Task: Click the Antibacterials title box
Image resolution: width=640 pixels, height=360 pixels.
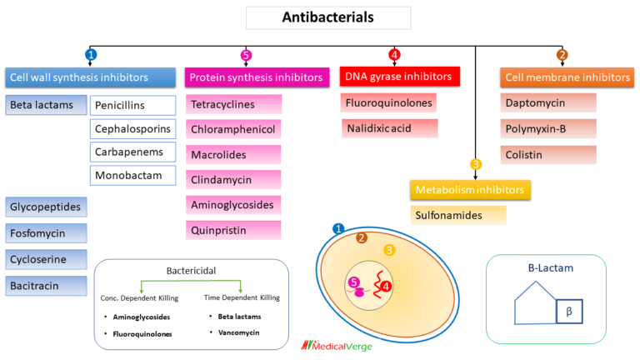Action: click(327, 17)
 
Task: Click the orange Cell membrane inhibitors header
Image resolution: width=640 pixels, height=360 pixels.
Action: click(567, 77)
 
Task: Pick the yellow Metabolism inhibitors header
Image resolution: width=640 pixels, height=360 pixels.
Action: click(470, 189)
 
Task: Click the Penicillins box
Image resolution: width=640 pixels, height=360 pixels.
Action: click(132, 106)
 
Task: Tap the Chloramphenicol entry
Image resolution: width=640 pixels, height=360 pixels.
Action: click(233, 129)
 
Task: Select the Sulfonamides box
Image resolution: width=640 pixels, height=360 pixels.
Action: click(457, 215)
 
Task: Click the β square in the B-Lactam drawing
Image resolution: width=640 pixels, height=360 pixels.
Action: click(569, 311)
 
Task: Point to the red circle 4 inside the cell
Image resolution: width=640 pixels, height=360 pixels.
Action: click(387, 287)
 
